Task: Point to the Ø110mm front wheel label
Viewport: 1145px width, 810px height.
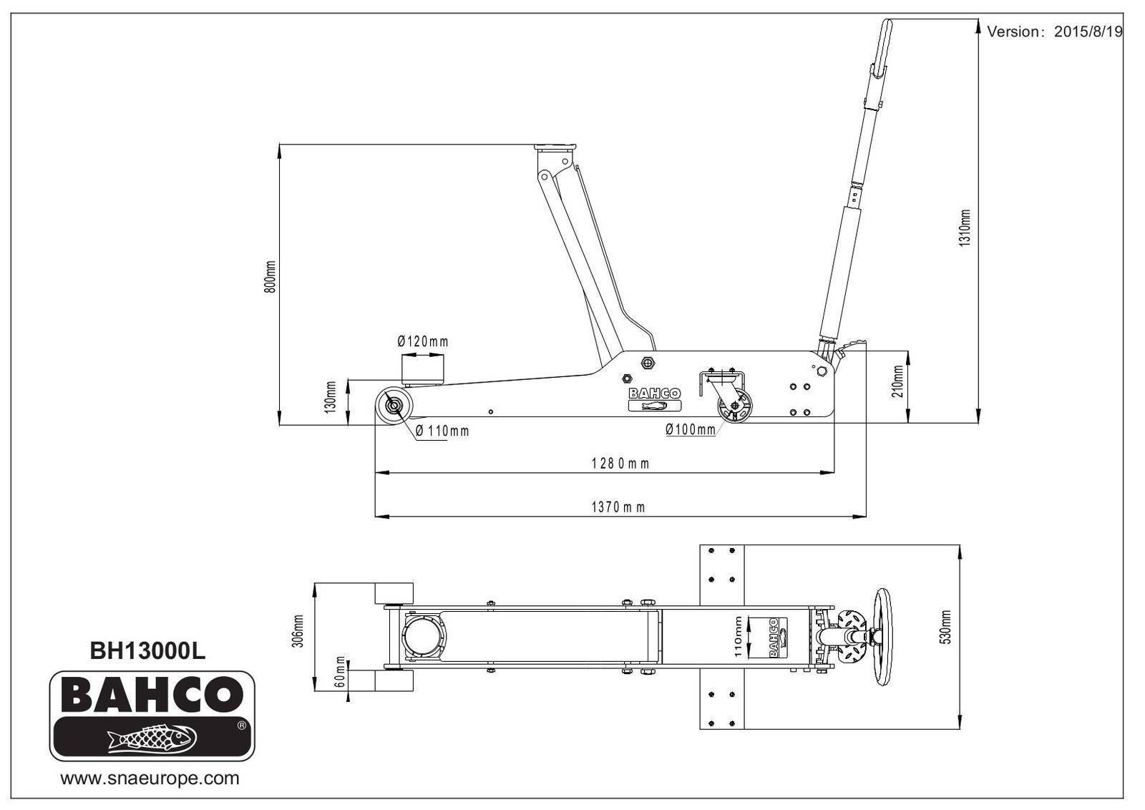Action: click(x=443, y=431)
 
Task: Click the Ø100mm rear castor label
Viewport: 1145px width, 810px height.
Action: click(x=690, y=429)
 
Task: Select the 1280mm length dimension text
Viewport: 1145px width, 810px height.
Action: click(x=620, y=464)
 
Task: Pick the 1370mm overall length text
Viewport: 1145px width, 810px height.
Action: click(x=618, y=507)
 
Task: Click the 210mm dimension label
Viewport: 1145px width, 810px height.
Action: click(x=898, y=381)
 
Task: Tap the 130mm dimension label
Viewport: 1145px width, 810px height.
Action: click(x=330, y=396)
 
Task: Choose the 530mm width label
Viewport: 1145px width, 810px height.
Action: click(x=945, y=628)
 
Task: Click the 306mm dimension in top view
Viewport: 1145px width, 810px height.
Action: click(x=298, y=630)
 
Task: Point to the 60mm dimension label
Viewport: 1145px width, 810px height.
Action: click(x=341, y=672)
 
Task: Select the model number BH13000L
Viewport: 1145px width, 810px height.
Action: click(x=147, y=650)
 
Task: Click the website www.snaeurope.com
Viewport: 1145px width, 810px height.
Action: click(x=150, y=779)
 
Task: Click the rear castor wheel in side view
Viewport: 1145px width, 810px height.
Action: click(x=736, y=409)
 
